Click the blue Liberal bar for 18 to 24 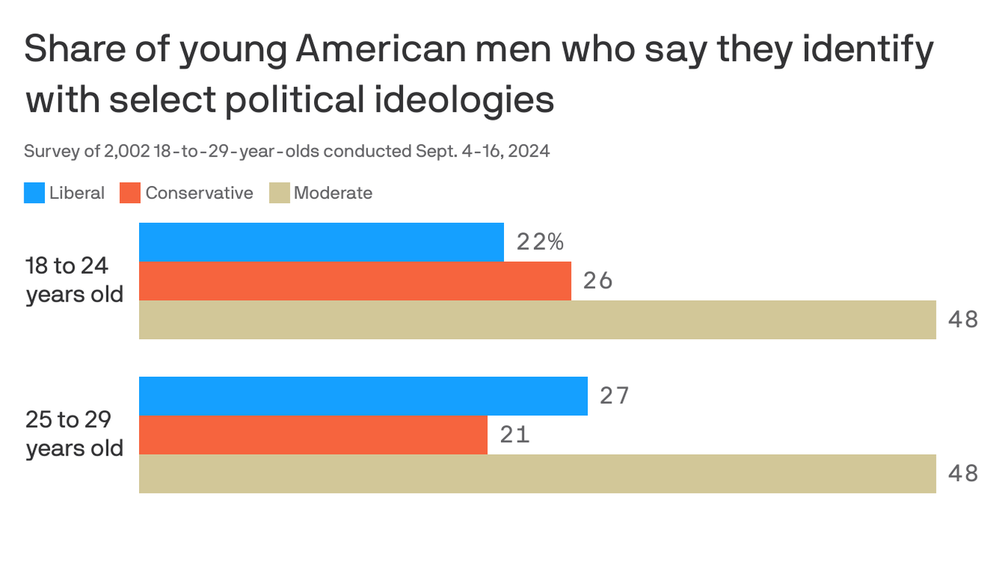[322, 242]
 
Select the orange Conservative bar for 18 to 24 [355, 281]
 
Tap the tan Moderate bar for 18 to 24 [537, 320]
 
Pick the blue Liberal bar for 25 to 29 [363, 396]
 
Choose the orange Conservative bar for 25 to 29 [313, 435]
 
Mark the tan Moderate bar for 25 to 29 [537, 474]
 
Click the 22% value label [540, 242]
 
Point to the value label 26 [597, 281]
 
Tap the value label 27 [614, 396]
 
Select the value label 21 [514, 435]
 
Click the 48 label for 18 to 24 [962, 320]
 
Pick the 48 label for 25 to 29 [962, 474]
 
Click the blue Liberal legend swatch [35, 193]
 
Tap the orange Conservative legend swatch [130, 193]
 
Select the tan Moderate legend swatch [279, 193]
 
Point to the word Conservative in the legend [199, 193]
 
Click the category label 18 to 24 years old [74, 280]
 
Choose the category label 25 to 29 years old [74, 434]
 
